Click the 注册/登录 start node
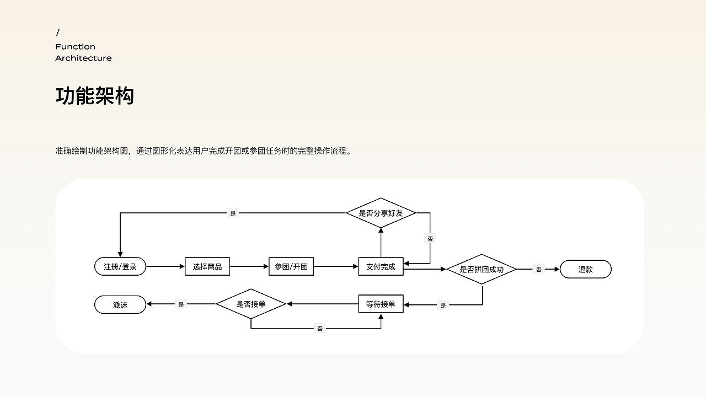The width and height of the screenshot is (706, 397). click(120, 266)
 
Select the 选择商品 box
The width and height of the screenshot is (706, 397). click(207, 266)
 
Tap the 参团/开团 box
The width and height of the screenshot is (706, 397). click(291, 266)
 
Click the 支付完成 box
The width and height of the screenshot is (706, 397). click(381, 266)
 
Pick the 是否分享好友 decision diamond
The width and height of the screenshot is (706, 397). click(381, 213)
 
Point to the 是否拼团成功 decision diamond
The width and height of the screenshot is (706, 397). click(482, 270)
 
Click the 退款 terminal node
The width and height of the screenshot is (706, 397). click(586, 270)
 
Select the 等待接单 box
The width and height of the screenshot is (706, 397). click(381, 304)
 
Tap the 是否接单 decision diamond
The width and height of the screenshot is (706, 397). click(251, 304)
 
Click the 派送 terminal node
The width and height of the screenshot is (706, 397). click(120, 305)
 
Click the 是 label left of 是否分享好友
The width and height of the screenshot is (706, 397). click(233, 213)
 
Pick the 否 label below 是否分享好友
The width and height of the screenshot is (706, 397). click(430, 239)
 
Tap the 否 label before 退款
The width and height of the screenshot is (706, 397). click(539, 270)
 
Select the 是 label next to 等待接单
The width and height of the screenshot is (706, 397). click(443, 305)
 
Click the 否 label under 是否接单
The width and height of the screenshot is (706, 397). click(320, 329)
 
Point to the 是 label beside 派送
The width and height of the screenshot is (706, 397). click(181, 304)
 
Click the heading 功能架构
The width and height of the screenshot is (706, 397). click(95, 96)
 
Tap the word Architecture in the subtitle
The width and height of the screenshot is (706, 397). click(83, 58)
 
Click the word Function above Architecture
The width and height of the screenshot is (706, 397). click(76, 47)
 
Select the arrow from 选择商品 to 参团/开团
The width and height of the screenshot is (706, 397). click(249, 266)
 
